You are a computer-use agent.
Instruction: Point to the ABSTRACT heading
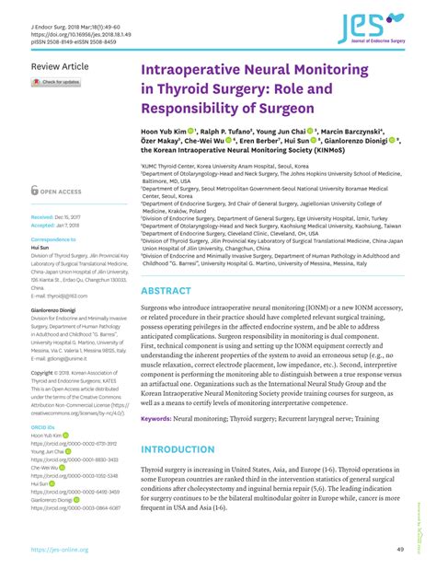click(166, 265)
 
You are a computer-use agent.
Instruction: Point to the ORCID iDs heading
click(43, 401)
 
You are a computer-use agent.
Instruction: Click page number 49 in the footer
click(401, 550)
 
